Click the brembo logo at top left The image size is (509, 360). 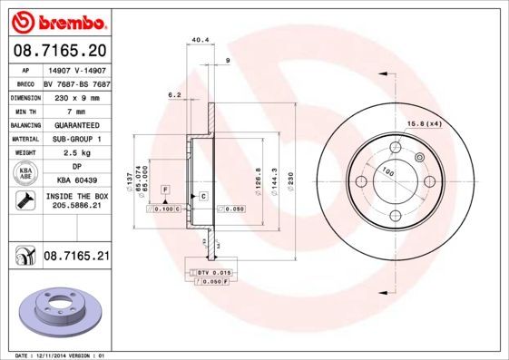[56, 20]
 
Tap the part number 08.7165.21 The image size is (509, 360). [76, 258]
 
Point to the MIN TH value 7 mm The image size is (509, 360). [75, 110]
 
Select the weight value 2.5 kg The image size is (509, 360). [75, 153]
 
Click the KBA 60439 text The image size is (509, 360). [75, 180]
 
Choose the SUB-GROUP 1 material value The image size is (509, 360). [75, 139]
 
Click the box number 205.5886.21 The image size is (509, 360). [75, 206]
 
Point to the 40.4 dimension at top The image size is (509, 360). [201, 40]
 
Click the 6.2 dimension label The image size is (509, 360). [175, 94]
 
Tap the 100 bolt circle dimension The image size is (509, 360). [388, 170]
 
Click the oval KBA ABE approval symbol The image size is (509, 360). [25, 174]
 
